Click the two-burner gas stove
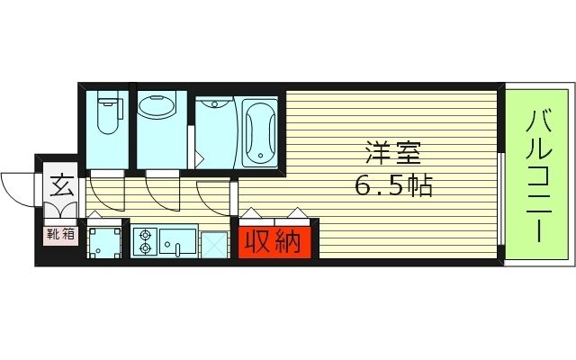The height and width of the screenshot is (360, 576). point(145,241)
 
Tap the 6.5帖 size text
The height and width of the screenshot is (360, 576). point(392,187)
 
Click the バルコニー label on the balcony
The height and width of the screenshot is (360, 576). point(538,175)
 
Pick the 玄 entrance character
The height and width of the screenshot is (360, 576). point(61,188)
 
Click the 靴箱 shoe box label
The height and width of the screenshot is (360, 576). point(61,236)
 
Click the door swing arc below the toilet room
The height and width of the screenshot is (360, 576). point(106,191)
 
